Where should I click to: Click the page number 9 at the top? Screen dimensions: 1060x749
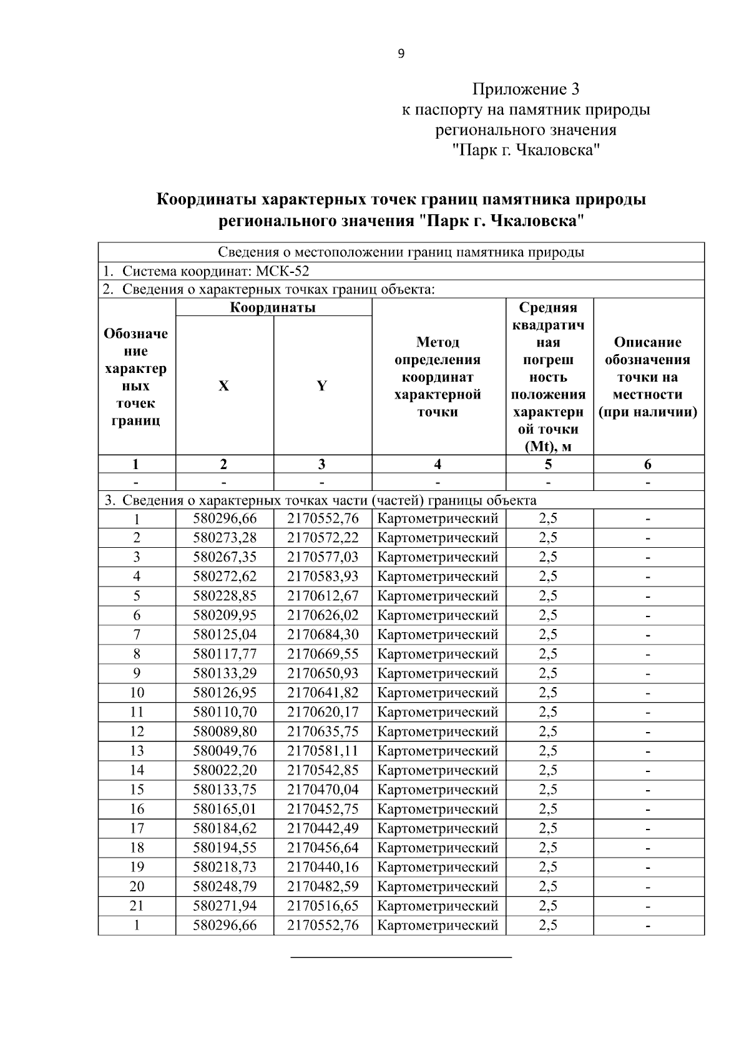(x=401, y=54)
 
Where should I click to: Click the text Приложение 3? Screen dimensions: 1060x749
(x=526, y=89)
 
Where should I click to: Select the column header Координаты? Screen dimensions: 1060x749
(x=273, y=307)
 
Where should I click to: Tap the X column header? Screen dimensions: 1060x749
(x=223, y=386)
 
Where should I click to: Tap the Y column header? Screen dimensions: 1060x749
(x=321, y=386)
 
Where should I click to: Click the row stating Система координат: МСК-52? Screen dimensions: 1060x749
(x=206, y=271)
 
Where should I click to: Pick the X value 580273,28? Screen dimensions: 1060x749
(x=225, y=538)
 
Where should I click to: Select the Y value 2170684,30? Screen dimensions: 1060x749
(x=323, y=635)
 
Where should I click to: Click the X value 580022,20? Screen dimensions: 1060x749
(x=225, y=770)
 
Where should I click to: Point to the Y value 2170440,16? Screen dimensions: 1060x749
(x=323, y=867)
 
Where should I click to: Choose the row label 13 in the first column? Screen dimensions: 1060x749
(x=137, y=751)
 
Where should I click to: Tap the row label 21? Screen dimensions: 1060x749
(x=137, y=906)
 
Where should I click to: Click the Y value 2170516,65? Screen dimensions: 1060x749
(x=323, y=906)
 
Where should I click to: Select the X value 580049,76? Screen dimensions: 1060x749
(x=225, y=751)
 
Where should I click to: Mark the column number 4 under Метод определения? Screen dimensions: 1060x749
(x=438, y=464)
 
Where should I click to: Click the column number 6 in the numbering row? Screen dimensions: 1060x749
(x=648, y=464)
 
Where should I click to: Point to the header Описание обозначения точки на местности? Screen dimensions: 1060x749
(x=648, y=377)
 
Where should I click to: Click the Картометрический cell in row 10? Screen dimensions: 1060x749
(x=438, y=693)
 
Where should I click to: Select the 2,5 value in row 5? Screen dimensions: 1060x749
(x=548, y=596)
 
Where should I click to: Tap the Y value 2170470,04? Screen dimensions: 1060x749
(x=323, y=790)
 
